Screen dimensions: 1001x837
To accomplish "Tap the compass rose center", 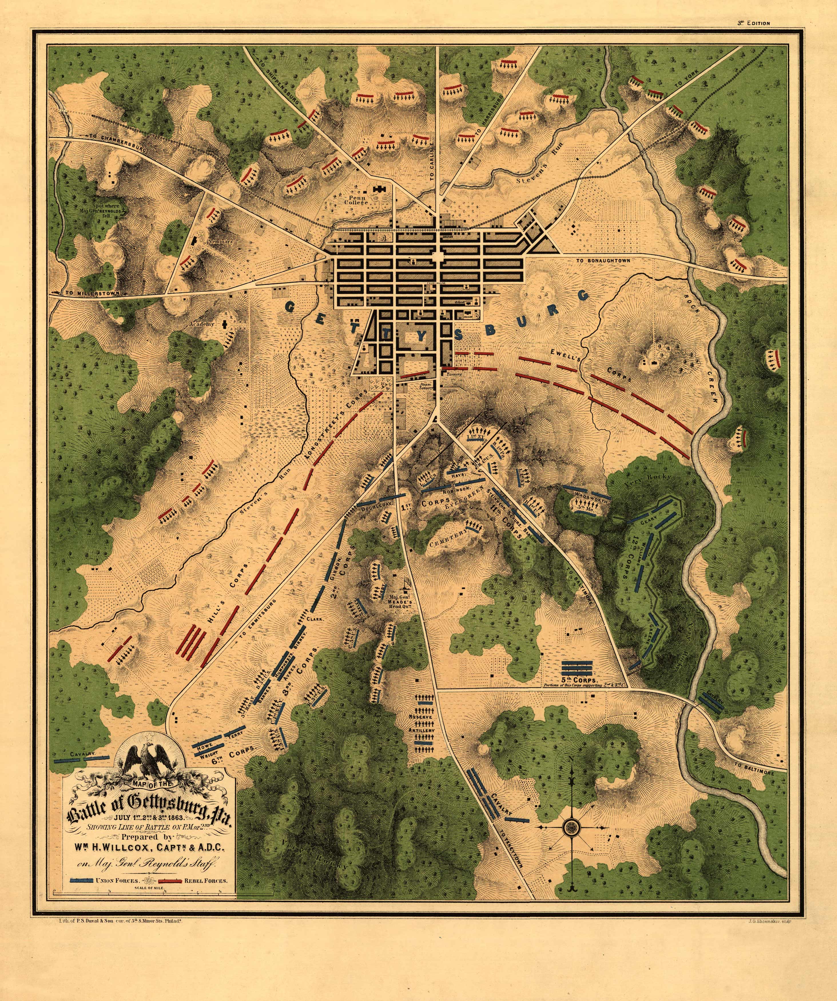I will tap(570, 827).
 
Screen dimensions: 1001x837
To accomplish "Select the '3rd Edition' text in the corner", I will tap(754, 23).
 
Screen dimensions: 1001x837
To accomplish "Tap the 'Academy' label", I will tap(202, 324).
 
